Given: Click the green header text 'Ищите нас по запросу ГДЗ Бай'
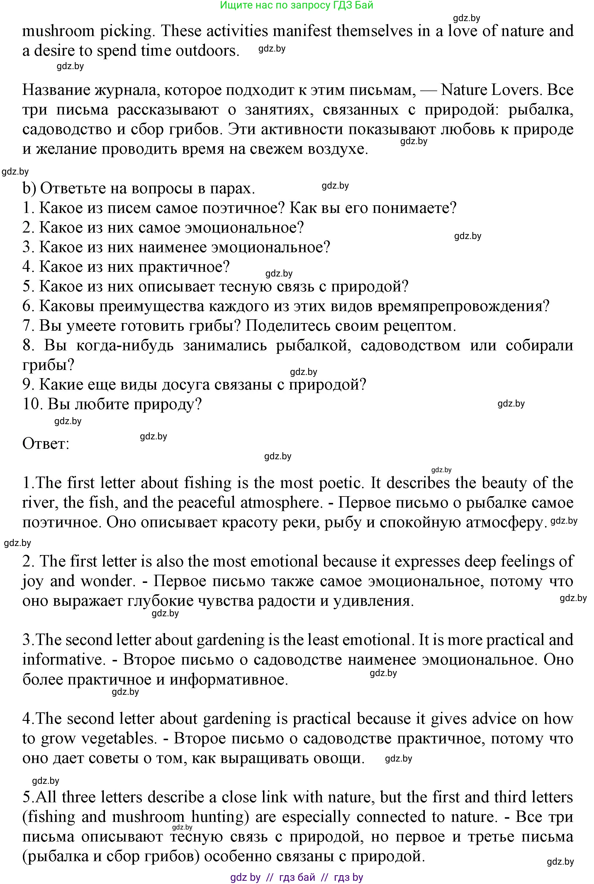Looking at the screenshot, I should tap(297, 5).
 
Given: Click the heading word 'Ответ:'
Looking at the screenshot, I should tap(46, 443).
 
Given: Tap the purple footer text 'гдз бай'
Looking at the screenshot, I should tap(297, 877).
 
